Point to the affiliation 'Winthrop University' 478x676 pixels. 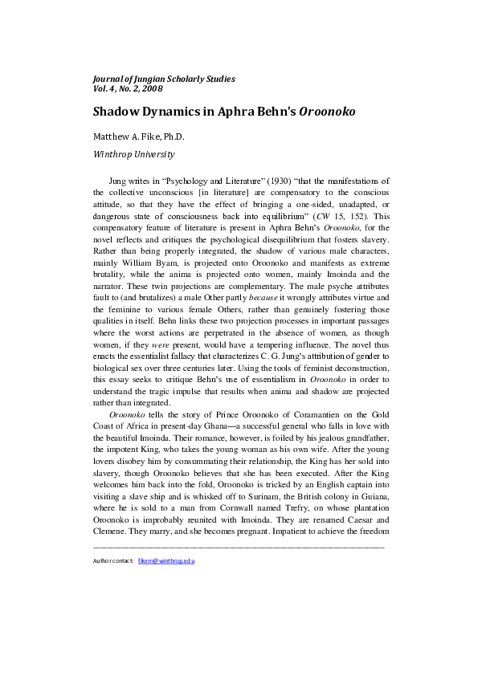point(133,154)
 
